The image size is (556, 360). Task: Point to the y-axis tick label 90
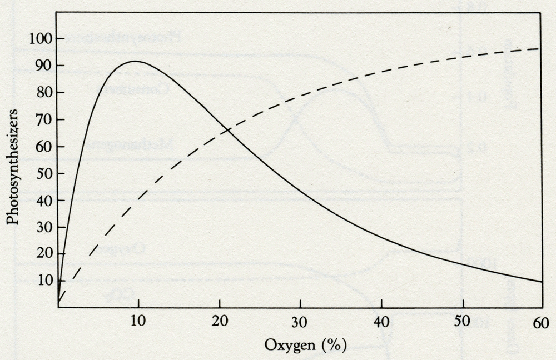(42, 66)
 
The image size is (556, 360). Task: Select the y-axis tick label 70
(42, 120)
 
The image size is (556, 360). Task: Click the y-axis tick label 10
(42, 280)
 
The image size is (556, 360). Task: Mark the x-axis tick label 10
(137, 321)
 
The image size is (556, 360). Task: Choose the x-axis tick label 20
(219, 321)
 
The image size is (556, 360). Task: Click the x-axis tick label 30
(300, 321)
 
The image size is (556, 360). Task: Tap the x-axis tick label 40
(381, 321)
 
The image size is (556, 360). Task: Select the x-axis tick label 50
(463, 321)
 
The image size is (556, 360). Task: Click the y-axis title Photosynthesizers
(13, 167)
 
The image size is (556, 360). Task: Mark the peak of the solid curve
(135, 61)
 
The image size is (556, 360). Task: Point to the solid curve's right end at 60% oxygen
(542, 282)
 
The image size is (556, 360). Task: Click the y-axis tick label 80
(42, 93)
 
